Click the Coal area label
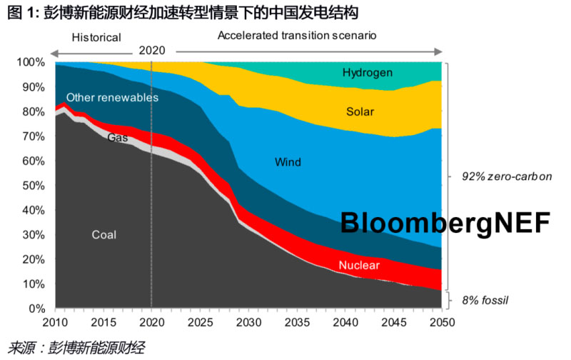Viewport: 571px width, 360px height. (103, 235)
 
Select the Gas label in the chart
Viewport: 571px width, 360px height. (118, 137)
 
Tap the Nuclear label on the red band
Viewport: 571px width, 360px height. (359, 266)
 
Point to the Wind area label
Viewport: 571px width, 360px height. (288, 163)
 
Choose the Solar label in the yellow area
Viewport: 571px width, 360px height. (360, 111)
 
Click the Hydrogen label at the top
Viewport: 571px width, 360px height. (367, 73)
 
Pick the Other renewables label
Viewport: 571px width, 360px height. (112, 98)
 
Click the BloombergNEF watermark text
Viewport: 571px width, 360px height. (445, 223)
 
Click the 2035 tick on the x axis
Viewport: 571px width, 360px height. (295, 321)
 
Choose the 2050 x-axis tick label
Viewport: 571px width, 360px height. (441, 321)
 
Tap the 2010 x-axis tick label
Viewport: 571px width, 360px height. (54, 321)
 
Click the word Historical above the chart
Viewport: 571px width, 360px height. (97, 37)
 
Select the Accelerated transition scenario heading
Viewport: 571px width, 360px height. (297, 35)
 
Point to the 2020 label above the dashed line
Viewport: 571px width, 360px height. (152, 50)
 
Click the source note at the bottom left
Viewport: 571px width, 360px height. (76, 348)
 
